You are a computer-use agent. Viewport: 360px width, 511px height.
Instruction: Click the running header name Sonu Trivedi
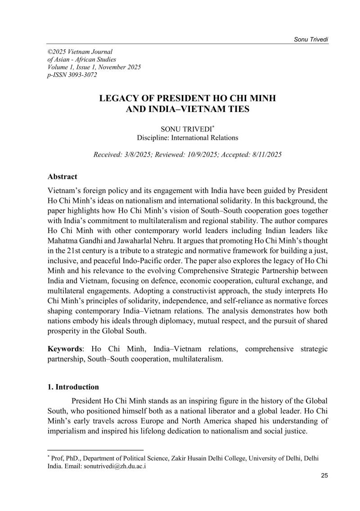(x=311, y=40)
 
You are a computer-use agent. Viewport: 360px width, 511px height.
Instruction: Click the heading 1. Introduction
(x=73, y=386)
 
